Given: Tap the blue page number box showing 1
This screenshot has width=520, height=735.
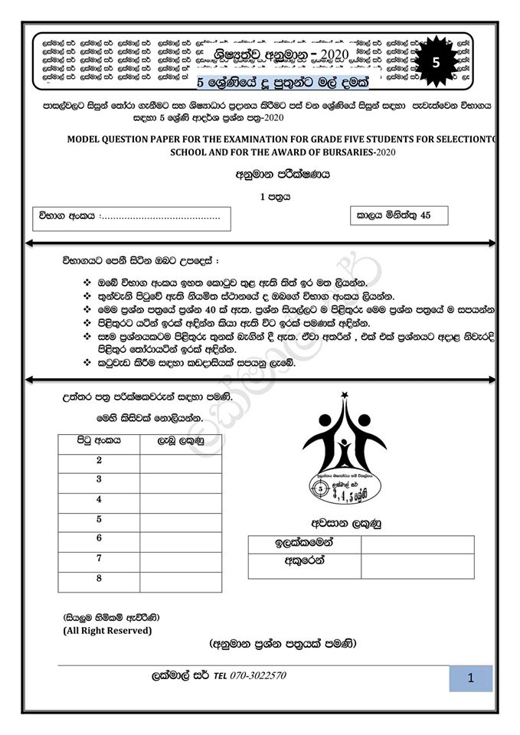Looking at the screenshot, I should [x=470, y=678].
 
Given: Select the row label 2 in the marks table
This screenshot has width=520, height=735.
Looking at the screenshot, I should [x=99, y=460].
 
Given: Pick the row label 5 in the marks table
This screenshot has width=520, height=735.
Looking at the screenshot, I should [x=99, y=519].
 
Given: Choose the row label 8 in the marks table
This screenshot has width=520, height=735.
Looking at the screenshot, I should [x=99, y=578].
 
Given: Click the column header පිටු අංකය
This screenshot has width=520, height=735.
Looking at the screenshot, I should [x=99, y=441].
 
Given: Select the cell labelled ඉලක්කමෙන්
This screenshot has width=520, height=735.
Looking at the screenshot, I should [x=304, y=544].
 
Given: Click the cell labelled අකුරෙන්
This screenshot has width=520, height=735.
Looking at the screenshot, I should [x=304, y=564].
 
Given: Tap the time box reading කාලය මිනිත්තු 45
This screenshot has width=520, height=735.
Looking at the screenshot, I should [x=398, y=215].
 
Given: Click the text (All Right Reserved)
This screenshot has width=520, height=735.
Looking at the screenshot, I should [x=107, y=630].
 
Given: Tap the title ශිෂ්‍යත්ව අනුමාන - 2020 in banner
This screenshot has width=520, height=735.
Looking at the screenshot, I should [x=282, y=54].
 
